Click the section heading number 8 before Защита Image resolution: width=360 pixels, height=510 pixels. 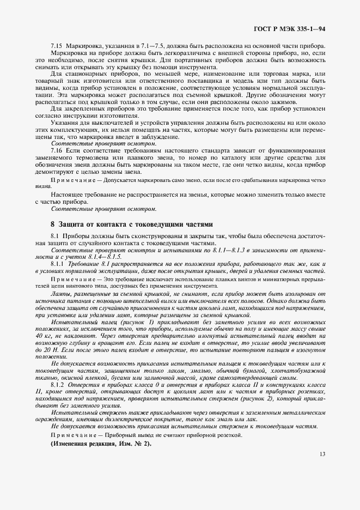point(52,223)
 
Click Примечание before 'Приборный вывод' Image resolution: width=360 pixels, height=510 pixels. point(71,434)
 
